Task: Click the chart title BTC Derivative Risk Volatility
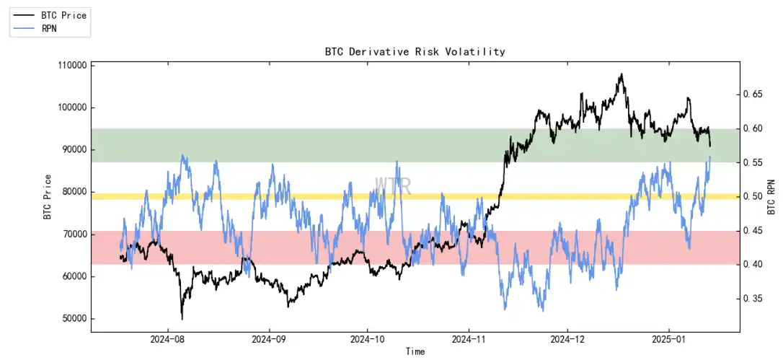(x=415, y=52)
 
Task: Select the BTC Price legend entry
(x=61, y=14)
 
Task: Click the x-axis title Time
(x=415, y=351)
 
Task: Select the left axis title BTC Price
(x=48, y=196)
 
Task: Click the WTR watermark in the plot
(x=393, y=185)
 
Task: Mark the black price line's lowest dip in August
(x=182, y=318)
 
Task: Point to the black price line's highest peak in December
(x=620, y=74)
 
